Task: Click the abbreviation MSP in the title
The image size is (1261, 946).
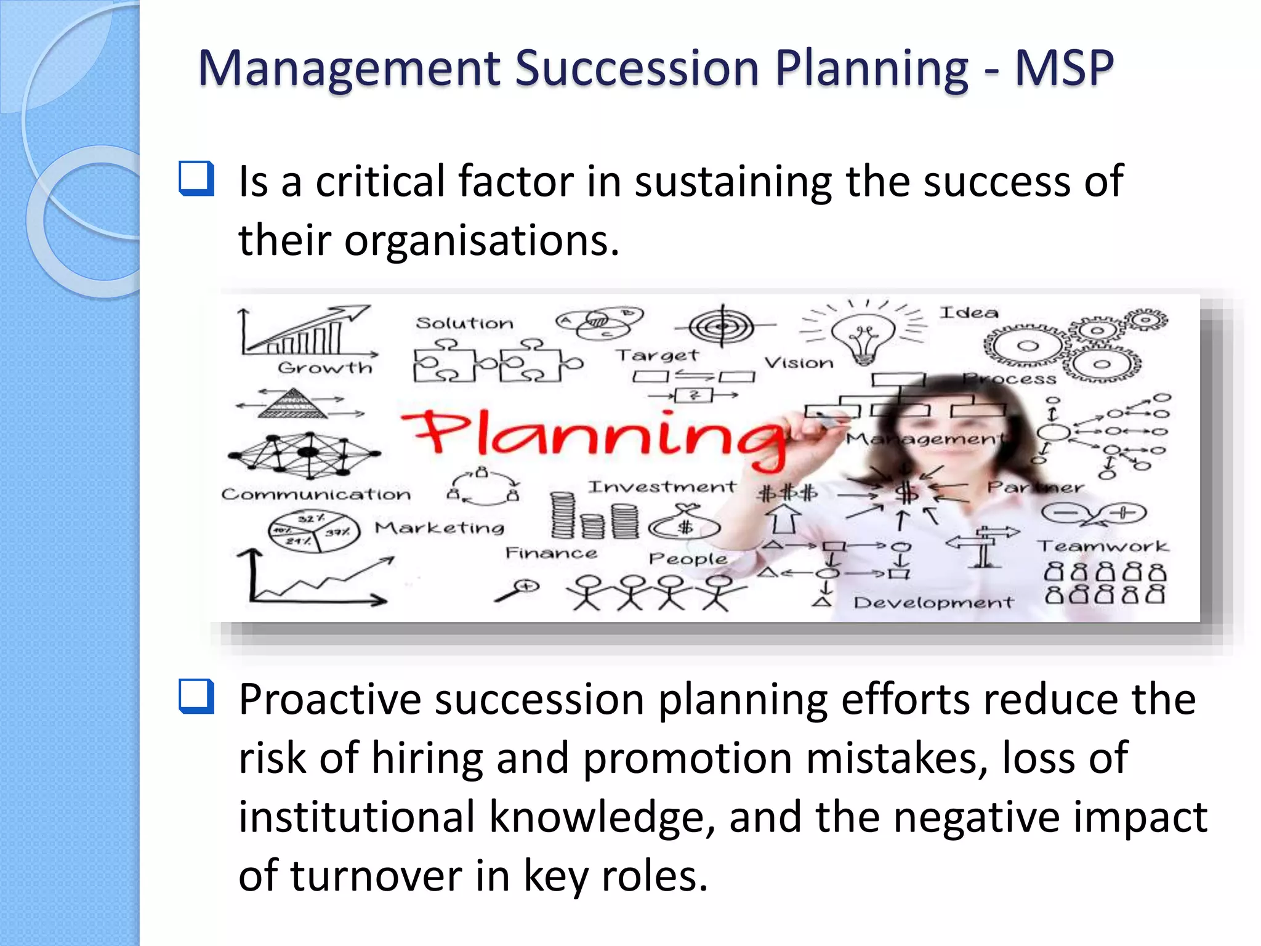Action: pyautogui.click(x=1063, y=68)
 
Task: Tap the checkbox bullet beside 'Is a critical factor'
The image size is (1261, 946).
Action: pyautogui.click(x=196, y=179)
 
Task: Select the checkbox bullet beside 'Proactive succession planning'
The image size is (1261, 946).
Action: pyautogui.click(x=196, y=697)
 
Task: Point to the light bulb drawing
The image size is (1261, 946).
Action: pyautogui.click(x=863, y=338)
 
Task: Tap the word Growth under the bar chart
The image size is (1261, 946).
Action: pyautogui.click(x=324, y=368)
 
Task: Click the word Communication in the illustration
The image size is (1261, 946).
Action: pyautogui.click(x=316, y=495)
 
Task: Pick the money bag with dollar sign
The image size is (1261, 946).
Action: pyautogui.click(x=685, y=524)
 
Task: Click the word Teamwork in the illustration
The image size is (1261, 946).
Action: pyautogui.click(x=1102, y=546)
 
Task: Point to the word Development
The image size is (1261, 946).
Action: pyautogui.click(x=932, y=602)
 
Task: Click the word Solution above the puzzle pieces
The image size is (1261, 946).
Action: pyautogui.click(x=464, y=323)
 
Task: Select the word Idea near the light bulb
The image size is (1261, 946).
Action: pyautogui.click(x=969, y=313)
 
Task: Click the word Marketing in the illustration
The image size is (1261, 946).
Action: pyautogui.click(x=440, y=528)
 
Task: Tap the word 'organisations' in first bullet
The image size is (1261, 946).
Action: pyautogui.click(x=481, y=241)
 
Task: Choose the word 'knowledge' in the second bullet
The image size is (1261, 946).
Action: pyautogui.click(x=602, y=817)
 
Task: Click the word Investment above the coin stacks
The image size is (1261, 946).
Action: pyautogui.click(x=661, y=487)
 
